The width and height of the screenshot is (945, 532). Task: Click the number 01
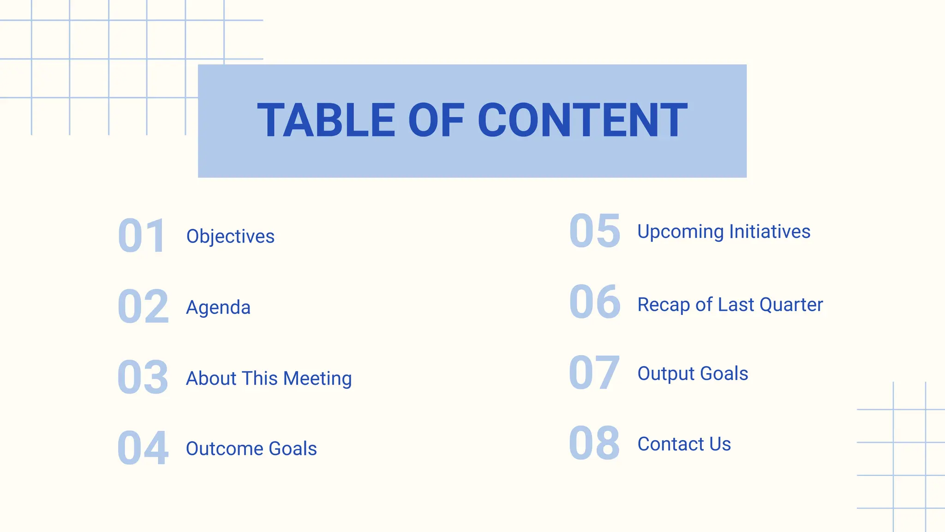coord(142,236)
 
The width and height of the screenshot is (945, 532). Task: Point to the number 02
coord(143,307)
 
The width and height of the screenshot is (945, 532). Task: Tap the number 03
coord(143,378)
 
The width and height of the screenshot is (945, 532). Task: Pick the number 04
coord(143,448)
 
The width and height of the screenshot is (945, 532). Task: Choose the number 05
coord(595,231)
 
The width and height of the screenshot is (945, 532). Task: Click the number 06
coord(595,302)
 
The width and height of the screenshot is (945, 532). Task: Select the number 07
coord(594,373)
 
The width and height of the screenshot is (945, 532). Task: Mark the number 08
coord(594,443)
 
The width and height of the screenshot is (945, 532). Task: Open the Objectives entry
coord(230,236)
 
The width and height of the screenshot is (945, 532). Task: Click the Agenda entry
coord(218,308)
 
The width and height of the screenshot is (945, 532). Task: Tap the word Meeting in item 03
coord(317,379)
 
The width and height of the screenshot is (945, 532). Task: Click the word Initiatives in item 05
coord(770,232)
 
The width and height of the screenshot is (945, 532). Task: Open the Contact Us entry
coord(684,444)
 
